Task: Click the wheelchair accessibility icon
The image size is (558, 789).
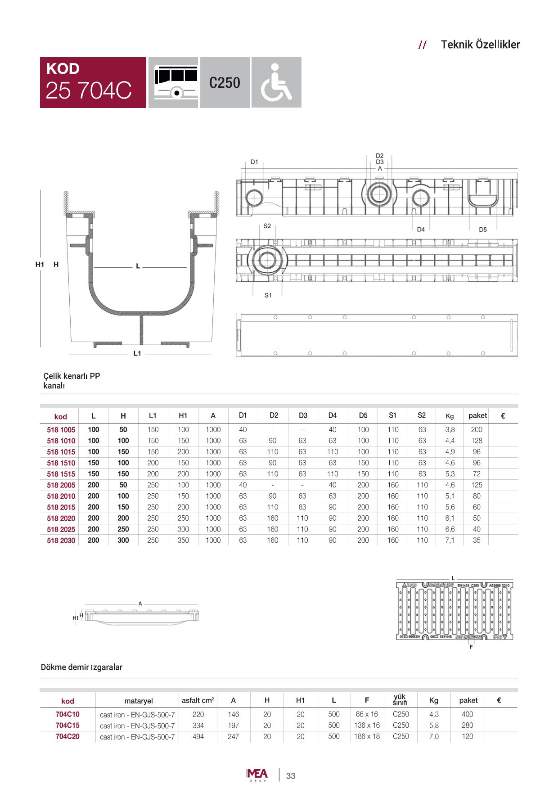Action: pyautogui.click(x=276, y=82)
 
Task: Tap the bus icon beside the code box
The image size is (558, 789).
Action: pyautogui.click(x=173, y=82)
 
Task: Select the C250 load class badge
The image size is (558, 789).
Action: pyautogui.click(x=225, y=83)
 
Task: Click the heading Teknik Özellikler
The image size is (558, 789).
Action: pyautogui.click(x=480, y=45)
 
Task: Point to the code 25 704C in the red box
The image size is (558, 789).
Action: pyautogui.click(x=89, y=90)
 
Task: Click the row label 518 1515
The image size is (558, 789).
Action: pyautogui.click(x=61, y=474)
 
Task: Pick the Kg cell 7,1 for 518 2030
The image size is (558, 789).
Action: pyautogui.click(x=450, y=540)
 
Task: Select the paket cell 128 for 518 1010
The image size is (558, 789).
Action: pyautogui.click(x=477, y=441)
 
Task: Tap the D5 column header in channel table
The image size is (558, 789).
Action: pyautogui.click(x=363, y=415)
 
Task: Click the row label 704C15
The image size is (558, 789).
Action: pyautogui.click(x=67, y=725)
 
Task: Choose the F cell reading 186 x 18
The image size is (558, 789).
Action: pyautogui.click(x=367, y=736)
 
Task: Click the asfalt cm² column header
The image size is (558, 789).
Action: pyautogui.click(x=198, y=700)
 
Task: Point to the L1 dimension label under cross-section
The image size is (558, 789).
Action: pyautogui.click(x=137, y=354)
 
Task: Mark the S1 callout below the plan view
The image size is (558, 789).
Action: pyautogui.click(x=268, y=295)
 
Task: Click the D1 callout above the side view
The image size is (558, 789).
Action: pyautogui.click(x=254, y=162)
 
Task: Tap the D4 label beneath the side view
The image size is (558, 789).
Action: pyautogui.click(x=420, y=229)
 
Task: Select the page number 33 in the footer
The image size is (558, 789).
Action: pyautogui.click(x=291, y=775)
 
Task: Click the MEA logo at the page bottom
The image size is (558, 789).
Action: pyautogui.click(x=257, y=775)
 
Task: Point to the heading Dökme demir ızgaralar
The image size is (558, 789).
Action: pyautogui.click(x=81, y=667)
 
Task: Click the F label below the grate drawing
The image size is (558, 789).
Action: pyautogui.click(x=471, y=647)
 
